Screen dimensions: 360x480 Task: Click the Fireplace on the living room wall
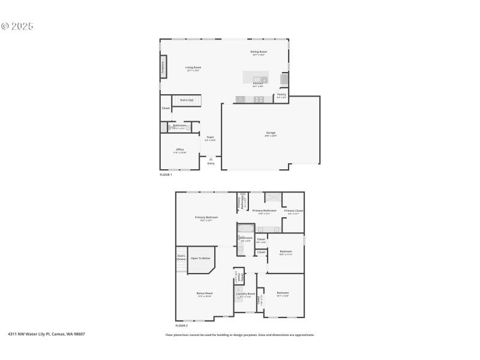coord(163,68)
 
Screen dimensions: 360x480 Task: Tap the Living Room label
coord(193,67)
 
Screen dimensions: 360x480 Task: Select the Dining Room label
coord(259,52)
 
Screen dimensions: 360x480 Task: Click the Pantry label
coord(281,94)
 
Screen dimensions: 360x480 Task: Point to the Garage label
coord(271,133)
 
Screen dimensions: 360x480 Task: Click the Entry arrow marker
coord(211,158)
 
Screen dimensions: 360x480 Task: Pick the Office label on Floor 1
coord(180,149)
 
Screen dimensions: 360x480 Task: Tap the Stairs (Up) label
coord(187,100)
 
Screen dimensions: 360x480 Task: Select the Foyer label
coord(210,137)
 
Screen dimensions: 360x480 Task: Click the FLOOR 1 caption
coord(166,175)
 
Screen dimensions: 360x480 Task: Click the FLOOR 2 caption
coord(173,325)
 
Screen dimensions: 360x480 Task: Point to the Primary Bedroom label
coord(206,217)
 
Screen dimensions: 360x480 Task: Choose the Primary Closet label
coord(293,211)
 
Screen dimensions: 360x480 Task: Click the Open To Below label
coord(200,258)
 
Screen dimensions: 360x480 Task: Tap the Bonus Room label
coord(205,293)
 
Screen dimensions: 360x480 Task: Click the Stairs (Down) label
coord(181,257)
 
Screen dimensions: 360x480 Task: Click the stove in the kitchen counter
coord(259,100)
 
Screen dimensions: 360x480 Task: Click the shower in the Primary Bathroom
coord(274,199)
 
